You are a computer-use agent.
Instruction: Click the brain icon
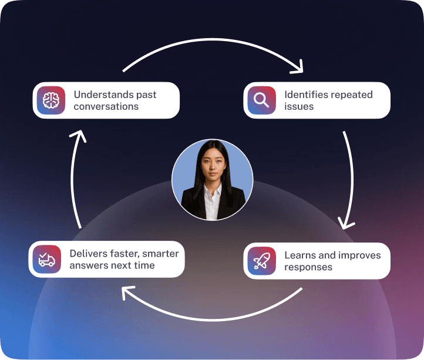tap(51, 100)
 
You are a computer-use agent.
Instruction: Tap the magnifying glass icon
tap(262, 100)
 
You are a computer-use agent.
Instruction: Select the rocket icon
tap(262, 261)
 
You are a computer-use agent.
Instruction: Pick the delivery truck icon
tap(47, 260)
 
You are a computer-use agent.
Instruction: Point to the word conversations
tap(106, 107)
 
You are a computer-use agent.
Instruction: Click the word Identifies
tap(306, 95)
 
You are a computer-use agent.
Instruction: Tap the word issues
tap(299, 107)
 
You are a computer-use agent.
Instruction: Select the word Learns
tap(301, 255)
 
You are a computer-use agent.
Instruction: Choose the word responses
tap(308, 267)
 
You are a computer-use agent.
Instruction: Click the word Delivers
tap(89, 254)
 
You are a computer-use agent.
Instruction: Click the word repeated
tap(351, 95)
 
